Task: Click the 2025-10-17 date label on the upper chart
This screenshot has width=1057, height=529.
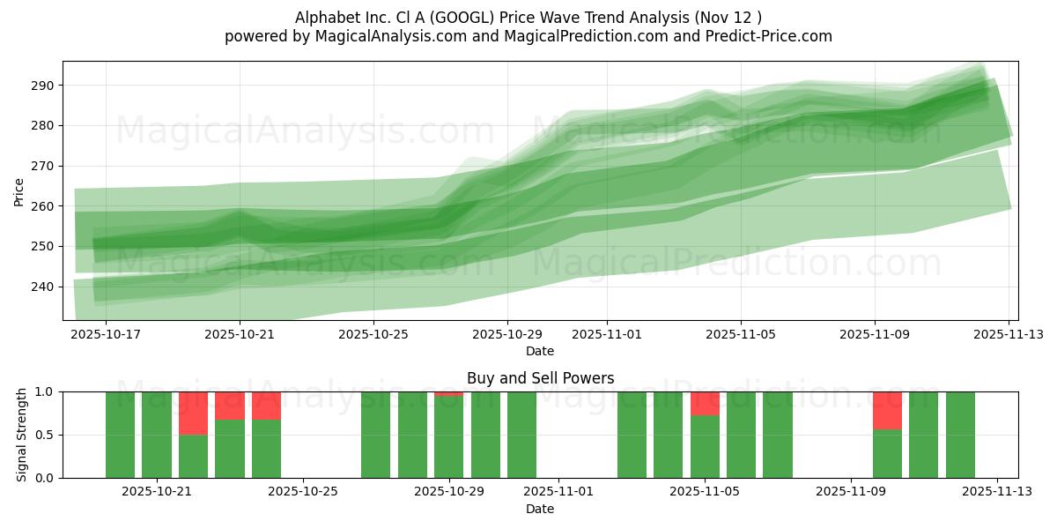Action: [106, 335]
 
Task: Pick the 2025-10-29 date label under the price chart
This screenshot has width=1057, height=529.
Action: [506, 335]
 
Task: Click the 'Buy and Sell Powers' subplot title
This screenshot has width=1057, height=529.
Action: [540, 378]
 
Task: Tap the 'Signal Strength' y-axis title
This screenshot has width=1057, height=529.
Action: [22, 435]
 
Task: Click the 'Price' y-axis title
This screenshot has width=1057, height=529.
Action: [19, 191]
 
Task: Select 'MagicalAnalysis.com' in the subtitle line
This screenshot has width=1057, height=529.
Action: [386, 36]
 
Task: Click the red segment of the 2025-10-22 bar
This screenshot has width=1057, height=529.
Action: [193, 413]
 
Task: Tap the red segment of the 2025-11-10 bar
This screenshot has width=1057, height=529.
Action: [887, 410]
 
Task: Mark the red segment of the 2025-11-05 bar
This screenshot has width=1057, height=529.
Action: [705, 403]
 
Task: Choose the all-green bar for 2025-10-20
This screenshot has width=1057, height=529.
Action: [157, 435]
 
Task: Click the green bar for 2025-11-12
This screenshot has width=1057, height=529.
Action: [960, 435]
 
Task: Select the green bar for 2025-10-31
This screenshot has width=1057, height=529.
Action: [521, 435]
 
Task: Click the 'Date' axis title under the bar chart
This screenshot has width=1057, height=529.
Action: [540, 509]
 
